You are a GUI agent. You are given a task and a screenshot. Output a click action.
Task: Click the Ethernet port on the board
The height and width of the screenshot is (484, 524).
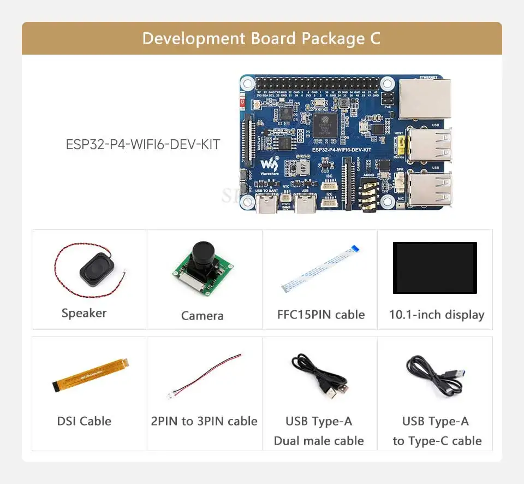click(425, 98)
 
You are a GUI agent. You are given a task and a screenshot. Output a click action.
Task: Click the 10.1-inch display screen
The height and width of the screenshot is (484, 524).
click(434, 268)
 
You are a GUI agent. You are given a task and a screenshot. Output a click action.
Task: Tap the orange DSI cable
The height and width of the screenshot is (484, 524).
click(91, 376)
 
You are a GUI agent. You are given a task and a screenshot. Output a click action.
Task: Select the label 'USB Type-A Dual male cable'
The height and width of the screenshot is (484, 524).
click(319, 430)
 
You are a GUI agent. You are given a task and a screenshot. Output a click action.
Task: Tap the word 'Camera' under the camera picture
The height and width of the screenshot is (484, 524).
click(202, 316)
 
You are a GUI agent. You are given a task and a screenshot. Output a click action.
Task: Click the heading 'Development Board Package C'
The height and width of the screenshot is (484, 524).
click(261, 39)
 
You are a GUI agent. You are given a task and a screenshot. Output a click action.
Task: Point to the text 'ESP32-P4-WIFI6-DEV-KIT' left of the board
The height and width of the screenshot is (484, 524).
click(143, 145)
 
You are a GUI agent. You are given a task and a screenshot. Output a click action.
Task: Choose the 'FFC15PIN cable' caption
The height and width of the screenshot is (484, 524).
click(320, 315)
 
